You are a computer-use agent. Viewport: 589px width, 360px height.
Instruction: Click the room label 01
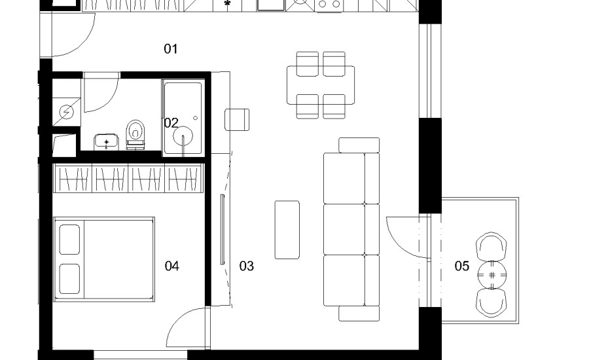point(171,49)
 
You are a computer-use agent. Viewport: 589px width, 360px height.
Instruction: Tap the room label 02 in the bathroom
point(171,123)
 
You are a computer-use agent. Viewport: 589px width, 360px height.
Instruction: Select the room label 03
point(247,266)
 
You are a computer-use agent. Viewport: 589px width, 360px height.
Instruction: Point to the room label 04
point(171,266)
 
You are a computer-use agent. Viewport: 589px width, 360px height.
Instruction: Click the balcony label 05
point(461,266)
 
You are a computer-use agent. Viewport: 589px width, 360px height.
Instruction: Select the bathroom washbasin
point(106,141)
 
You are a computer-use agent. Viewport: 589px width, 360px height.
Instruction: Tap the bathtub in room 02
point(183,118)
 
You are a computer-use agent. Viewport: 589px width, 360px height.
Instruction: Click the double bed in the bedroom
point(104,259)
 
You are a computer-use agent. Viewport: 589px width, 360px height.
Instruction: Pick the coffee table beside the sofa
point(287,230)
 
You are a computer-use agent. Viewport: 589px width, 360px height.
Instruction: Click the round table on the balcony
point(491,275)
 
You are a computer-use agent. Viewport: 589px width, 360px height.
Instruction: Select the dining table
point(321,85)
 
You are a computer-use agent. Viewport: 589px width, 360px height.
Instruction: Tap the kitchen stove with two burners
point(329,5)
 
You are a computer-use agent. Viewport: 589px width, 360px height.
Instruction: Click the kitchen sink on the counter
point(270,5)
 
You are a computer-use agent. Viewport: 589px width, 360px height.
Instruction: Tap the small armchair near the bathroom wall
point(237,120)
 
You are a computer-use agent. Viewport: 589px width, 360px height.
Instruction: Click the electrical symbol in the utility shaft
point(67,112)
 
